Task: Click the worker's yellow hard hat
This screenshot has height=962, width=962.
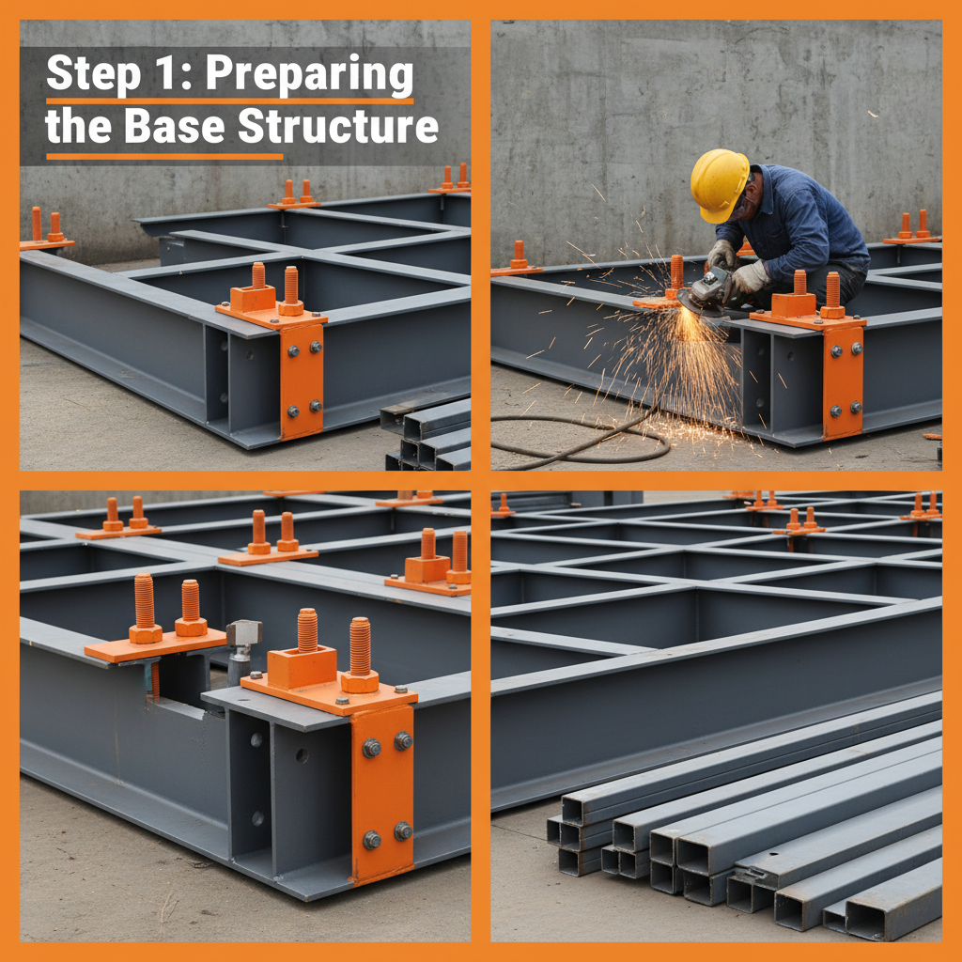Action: tap(719, 183)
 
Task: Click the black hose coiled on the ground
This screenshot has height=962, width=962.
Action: tap(582, 442)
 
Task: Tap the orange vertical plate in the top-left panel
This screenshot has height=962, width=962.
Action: tap(301, 380)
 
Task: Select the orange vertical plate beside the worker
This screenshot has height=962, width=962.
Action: tap(843, 380)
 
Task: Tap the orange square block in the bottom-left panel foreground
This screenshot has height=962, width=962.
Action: tap(302, 665)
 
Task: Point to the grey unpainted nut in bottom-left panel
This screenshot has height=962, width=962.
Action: tap(243, 634)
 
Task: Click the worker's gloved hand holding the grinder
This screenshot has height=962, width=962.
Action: tap(749, 277)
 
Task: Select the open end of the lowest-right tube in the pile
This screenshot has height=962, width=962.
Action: tap(869, 921)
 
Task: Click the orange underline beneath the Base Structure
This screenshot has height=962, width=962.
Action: tap(164, 156)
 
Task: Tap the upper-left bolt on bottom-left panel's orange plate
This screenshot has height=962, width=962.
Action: tap(372, 748)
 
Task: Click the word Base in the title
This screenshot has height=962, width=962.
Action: tap(178, 127)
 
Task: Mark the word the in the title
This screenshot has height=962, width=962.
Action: tap(80, 127)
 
